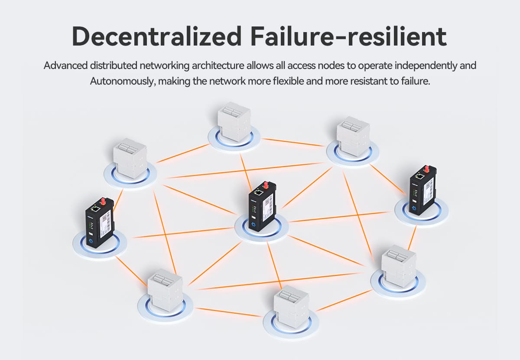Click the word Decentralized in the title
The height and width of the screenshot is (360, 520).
(x=156, y=37)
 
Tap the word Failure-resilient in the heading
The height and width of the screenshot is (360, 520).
(x=348, y=37)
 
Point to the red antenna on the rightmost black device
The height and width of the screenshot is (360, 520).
(x=426, y=169)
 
